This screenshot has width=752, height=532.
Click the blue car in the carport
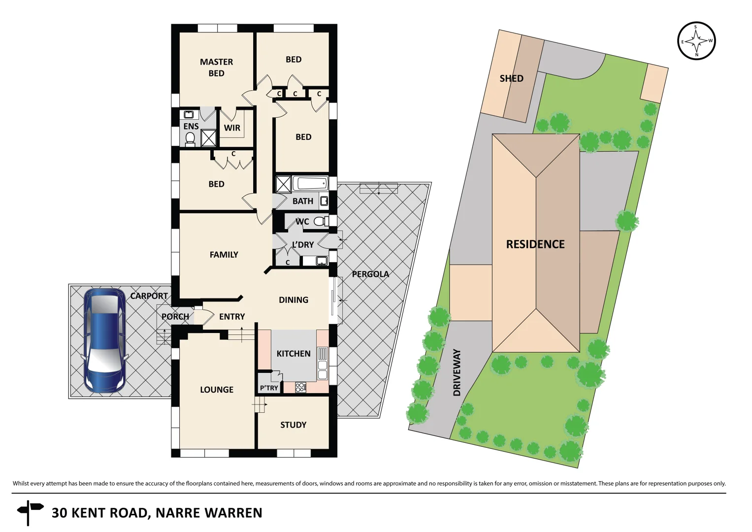[x=104, y=341]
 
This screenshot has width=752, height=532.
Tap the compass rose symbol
[x=696, y=41]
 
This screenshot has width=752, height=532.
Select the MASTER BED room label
[x=216, y=67]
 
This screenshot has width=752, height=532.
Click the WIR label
[x=232, y=128]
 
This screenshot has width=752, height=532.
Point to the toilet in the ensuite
[x=190, y=139]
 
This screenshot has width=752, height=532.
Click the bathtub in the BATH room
[x=310, y=184]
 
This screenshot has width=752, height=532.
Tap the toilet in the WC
[x=321, y=222]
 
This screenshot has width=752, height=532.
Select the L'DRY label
[x=302, y=245]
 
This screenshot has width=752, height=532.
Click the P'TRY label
[x=269, y=388]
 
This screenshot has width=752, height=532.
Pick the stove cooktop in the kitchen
[x=301, y=388]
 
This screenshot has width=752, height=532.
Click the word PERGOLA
[x=370, y=274]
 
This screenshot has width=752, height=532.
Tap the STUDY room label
[x=293, y=425]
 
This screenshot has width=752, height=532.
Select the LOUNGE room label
[x=217, y=390]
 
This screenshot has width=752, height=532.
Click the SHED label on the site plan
[x=511, y=78]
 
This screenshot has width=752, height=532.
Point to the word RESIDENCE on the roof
[x=535, y=244]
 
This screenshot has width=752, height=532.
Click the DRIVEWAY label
[x=457, y=372]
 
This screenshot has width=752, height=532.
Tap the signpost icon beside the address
[x=30, y=513]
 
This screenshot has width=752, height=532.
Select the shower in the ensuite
[x=208, y=138]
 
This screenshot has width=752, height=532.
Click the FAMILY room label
[x=224, y=255]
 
